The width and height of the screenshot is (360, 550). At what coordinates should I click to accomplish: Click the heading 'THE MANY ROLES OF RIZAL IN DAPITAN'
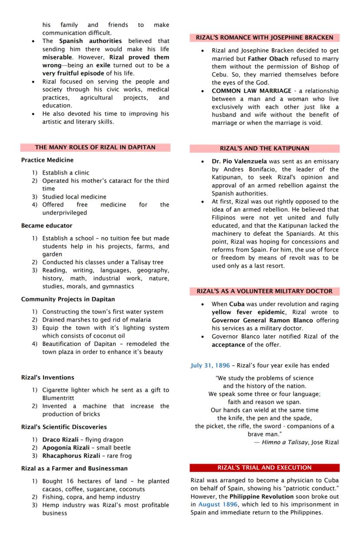click(x=95, y=147)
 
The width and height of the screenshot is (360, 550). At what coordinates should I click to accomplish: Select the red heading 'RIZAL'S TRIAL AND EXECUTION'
click(x=264, y=467)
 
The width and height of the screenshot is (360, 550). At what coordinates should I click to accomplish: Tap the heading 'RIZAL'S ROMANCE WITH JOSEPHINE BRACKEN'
click(x=264, y=38)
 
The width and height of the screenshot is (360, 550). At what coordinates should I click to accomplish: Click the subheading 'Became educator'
click(x=47, y=225)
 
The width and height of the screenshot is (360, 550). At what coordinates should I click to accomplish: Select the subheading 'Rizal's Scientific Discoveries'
click(x=64, y=427)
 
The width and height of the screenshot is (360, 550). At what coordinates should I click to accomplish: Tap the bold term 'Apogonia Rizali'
click(x=64, y=447)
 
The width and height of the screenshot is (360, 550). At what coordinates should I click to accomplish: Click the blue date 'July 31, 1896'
click(x=210, y=365)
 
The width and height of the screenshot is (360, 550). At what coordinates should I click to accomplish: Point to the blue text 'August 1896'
click(x=218, y=504)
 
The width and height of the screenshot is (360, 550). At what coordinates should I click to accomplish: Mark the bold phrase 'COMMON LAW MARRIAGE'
click(x=251, y=91)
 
